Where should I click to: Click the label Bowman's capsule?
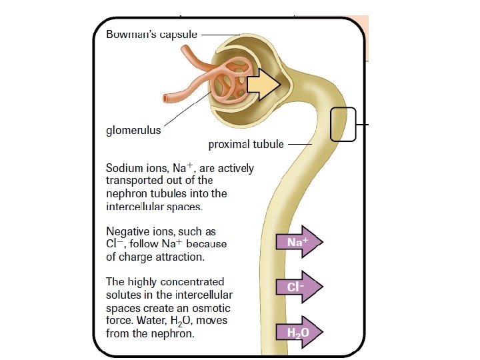pyautogui.click(x=151, y=35)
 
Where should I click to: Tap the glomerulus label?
pyautogui.click(x=133, y=131)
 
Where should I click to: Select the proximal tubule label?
pyautogui.click(x=246, y=144)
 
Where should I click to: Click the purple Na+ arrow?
pyautogui.click(x=299, y=242)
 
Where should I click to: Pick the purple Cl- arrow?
pyautogui.click(x=299, y=287)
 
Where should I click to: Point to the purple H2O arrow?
pyautogui.click(x=299, y=331)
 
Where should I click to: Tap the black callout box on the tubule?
pyautogui.click(x=343, y=124)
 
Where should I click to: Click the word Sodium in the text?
pyautogui.click(x=124, y=168)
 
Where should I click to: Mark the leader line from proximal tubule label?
pyautogui.click(x=299, y=144)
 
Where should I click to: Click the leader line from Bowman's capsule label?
pyautogui.click(x=219, y=35)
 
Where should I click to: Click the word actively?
pyautogui.click(x=235, y=168)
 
